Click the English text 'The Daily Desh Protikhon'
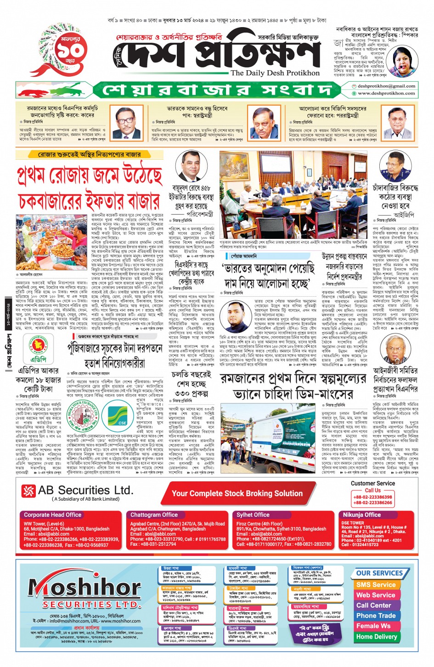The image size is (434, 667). [275, 73]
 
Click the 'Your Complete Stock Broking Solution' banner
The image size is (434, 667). [237, 494]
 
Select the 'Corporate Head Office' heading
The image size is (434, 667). [52, 515]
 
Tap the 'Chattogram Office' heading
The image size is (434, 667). [154, 515]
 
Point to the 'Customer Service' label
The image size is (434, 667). [372, 483]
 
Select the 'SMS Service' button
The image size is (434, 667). [376, 585]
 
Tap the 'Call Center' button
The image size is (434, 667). [374, 605]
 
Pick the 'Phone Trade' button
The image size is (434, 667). [376, 616]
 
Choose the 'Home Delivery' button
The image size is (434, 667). [377, 637]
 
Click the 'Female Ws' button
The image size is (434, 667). [373, 626]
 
